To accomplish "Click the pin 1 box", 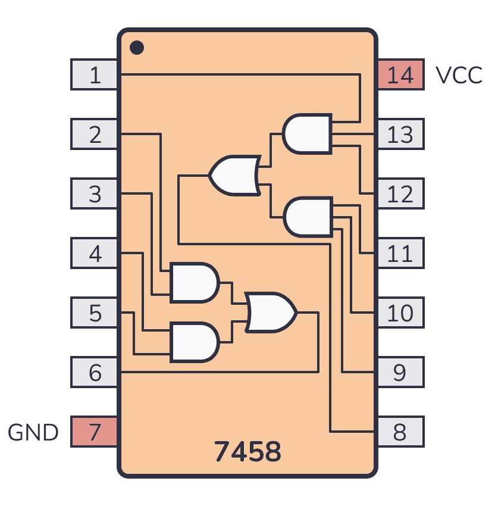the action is [x=94, y=74].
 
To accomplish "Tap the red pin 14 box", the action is [x=401, y=74].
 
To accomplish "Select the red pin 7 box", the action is [x=94, y=432].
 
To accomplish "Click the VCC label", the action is [x=459, y=75].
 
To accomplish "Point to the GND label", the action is [x=33, y=432].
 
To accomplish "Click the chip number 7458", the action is [x=248, y=451].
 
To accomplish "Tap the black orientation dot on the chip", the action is [x=137, y=48].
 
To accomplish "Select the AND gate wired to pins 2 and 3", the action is [x=195, y=283].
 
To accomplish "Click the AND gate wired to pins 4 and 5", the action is [x=195, y=342].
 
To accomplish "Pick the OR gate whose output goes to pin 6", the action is [x=270, y=313].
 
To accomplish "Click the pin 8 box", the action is [x=401, y=432].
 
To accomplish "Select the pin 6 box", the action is [x=94, y=372].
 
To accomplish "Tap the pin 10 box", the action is [x=401, y=313].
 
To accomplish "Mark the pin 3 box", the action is [x=94, y=193].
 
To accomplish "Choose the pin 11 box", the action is [x=401, y=253].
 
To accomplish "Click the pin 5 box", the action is [x=94, y=313].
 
